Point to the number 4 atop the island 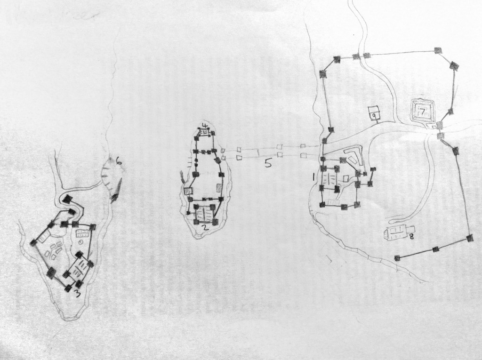coord(204,125)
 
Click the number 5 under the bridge coord(267,163)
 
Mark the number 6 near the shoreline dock coord(119,162)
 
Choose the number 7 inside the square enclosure coord(422,112)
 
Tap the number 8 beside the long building coord(411,237)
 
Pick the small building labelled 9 coord(374,113)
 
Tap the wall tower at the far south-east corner coord(469,239)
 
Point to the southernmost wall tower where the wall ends coord(397,257)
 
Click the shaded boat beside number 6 coord(116,191)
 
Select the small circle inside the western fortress coord(80,242)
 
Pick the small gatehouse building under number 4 coord(204,133)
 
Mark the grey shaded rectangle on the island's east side coord(219,188)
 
